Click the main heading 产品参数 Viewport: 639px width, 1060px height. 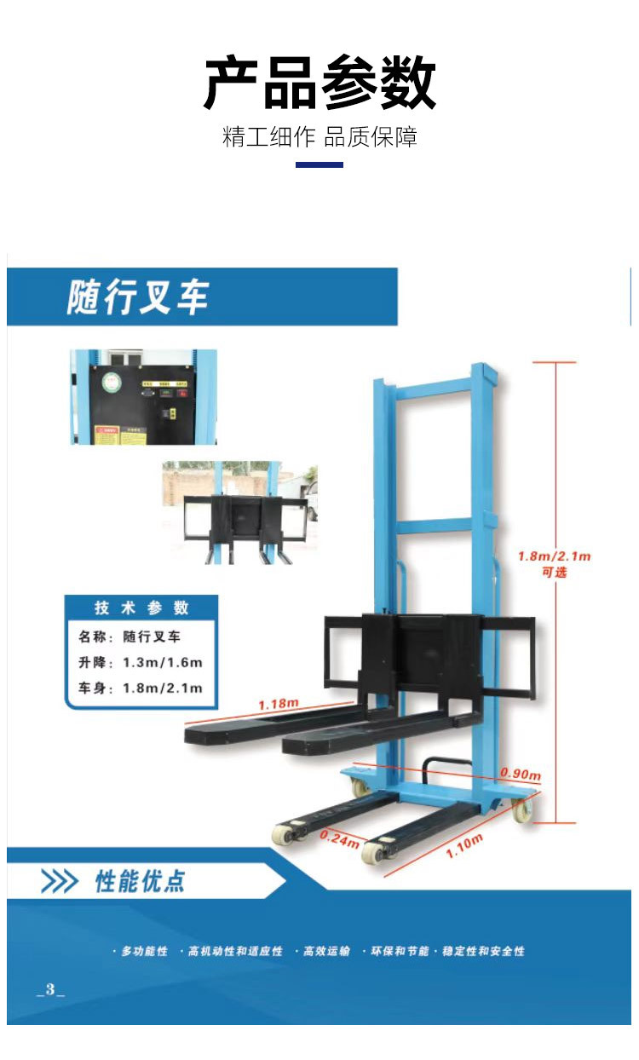(319, 84)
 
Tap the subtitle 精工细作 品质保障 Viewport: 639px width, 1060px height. (319, 137)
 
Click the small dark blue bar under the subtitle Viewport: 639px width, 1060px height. (319, 164)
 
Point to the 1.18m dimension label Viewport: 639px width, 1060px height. (279, 704)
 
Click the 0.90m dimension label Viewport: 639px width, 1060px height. (521, 774)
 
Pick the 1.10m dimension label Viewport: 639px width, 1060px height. (464, 846)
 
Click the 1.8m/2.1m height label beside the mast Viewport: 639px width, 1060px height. (554, 556)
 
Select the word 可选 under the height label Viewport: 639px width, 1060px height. (555, 573)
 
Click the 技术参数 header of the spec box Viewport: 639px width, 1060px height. (141, 608)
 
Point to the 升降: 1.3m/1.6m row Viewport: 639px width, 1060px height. (141, 662)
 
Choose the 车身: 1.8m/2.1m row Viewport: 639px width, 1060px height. (141, 688)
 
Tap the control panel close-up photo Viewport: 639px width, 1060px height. (143, 397)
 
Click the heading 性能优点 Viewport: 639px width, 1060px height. (140, 881)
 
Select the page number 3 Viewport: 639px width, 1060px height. (50, 989)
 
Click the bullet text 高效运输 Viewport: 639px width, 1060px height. (326, 951)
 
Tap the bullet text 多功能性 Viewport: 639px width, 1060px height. (144, 951)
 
